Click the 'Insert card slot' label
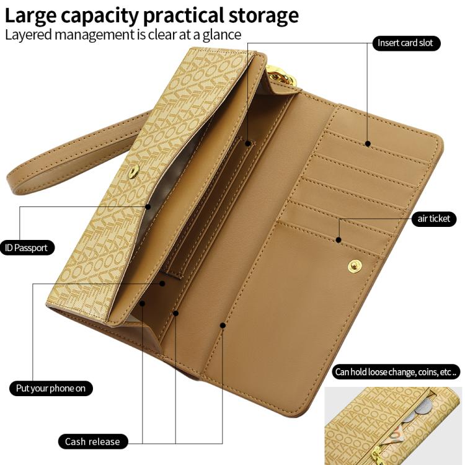[x=406, y=43]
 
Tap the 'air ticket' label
[x=434, y=219]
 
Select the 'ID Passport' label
[x=27, y=248]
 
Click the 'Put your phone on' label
[x=51, y=389]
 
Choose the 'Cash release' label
[x=92, y=441]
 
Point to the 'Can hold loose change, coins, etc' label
[x=396, y=372]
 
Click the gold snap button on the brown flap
[x=355, y=266]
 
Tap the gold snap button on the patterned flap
[x=133, y=171]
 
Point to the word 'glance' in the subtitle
[x=222, y=35]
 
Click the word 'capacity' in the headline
[x=100, y=17]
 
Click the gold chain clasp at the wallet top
[x=281, y=75]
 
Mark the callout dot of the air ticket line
[x=339, y=239]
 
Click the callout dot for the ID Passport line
[x=148, y=206]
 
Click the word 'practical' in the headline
[x=184, y=17]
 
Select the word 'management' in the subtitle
[x=95, y=35]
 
